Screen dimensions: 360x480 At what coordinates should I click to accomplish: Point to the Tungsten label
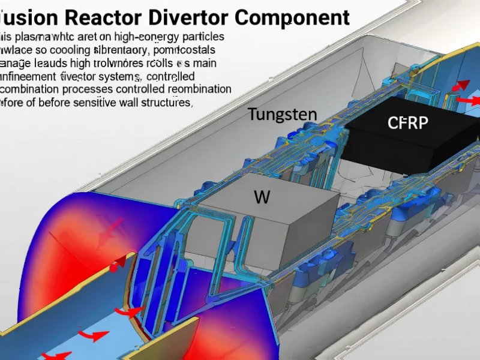coord(283,115)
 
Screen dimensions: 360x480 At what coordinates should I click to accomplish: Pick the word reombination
coord(195,89)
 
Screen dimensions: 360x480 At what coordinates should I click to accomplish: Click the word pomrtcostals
coord(181,50)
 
